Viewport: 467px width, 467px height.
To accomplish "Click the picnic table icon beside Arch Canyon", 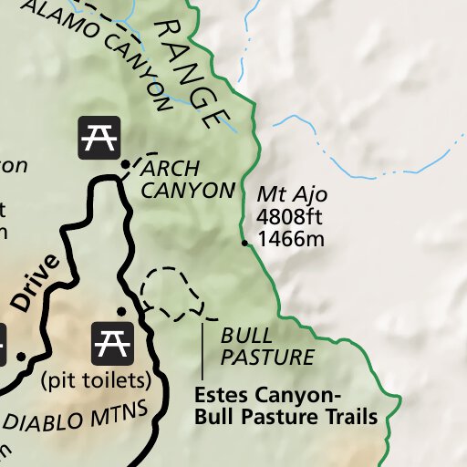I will (98, 138).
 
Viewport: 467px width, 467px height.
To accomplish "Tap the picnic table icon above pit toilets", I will (112, 343).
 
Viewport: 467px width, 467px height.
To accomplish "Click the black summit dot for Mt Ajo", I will (244, 244).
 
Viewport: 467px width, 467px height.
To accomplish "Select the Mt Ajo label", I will (291, 195).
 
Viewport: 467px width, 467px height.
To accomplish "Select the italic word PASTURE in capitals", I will (267, 357).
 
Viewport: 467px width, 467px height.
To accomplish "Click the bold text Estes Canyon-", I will (267, 396).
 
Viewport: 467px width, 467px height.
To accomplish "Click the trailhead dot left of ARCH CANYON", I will (125, 164).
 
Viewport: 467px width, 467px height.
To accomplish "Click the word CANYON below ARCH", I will (187, 191).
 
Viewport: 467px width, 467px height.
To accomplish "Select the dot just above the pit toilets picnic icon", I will (121, 311).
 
